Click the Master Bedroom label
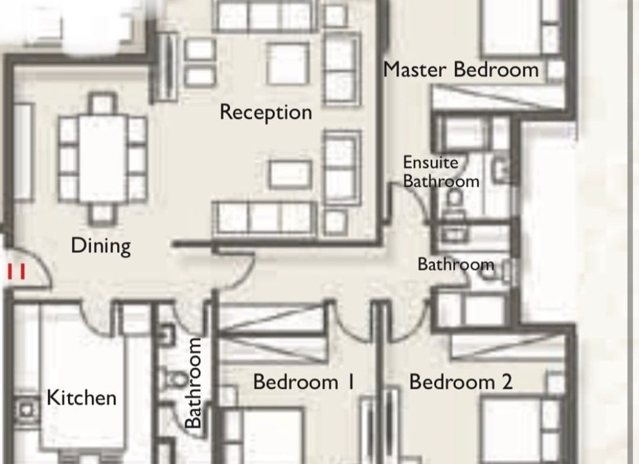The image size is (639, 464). pos(461,70)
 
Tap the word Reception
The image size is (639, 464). pos(266,112)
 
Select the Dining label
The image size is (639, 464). pos(101,246)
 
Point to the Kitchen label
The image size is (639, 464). pos(82,398)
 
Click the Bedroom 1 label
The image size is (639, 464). pos(304,382)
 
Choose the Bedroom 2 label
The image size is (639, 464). pos(461,382)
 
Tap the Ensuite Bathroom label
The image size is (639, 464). pos(441,172)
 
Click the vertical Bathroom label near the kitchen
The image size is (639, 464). pos(193,382)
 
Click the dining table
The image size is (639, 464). pos(102,160)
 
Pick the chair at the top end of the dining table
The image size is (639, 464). pos(102,104)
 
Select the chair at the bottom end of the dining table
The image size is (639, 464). pos(102,214)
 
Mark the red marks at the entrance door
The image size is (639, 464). pos(17,271)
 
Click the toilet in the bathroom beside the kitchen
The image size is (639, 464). pos(173,378)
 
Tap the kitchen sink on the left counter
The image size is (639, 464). pos(26,410)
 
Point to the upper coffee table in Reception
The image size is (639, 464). pos(288,63)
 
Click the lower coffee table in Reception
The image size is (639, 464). pos(291,174)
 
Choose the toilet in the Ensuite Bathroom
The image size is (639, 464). pos(454,202)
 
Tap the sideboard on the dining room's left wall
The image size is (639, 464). pos(23,152)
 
